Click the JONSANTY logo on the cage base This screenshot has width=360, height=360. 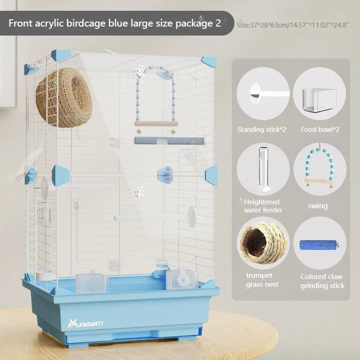[x=85, y=324]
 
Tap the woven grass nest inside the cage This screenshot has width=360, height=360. [x=64, y=98]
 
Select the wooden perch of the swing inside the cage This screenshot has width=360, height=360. [x=156, y=124]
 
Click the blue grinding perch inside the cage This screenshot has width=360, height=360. [x=169, y=140]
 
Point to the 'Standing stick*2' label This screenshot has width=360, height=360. [x=262, y=130]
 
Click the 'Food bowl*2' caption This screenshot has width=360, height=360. [x=320, y=130]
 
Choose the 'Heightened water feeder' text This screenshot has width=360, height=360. [x=263, y=206]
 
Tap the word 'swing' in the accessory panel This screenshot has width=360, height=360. [x=318, y=206]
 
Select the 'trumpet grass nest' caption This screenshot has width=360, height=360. [x=262, y=279]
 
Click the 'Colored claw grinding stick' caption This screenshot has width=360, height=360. [x=322, y=281]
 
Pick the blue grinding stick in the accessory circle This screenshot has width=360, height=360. [x=319, y=245]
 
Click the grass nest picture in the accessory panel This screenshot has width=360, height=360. [x=263, y=243]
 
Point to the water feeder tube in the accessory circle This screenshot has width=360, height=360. [x=264, y=170]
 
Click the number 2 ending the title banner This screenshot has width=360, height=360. [x=218, y=23]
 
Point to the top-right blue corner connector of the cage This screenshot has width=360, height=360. [x=209, y=62]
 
